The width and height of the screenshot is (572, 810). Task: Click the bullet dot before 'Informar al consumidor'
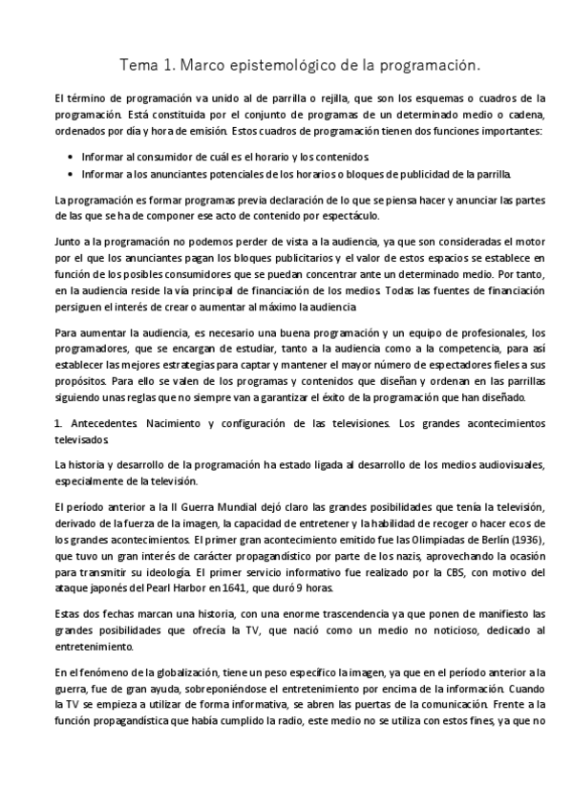tap(74, 156)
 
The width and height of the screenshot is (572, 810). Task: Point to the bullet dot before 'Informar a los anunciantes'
tap(74, 174)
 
